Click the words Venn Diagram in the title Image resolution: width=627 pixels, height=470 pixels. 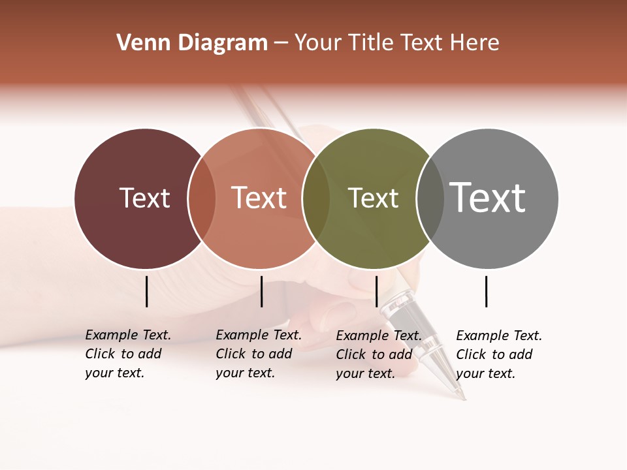coord(192,43)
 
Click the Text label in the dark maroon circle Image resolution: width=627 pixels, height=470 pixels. coord(144,198)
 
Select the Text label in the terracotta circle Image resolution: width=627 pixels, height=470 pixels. coord(259,198)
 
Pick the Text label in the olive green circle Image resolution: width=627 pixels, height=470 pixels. coord(373,198)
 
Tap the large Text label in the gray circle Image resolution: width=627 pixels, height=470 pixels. coord(487,198)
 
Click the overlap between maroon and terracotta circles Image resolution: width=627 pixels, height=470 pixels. coord(202,198)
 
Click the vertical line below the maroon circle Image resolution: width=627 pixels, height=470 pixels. coord(147,291)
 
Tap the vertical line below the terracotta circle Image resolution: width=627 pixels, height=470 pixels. coord(261,291)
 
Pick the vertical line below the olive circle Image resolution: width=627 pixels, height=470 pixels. coord(376,291)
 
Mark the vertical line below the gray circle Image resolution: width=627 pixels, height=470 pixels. coord(487,291)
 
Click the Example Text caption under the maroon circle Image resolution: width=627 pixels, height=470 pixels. coord(127,354)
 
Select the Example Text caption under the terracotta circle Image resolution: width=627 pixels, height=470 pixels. coord(258,354)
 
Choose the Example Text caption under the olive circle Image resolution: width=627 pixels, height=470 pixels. coord(378,354)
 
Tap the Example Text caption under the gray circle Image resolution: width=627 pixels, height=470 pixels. coord(498,354)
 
